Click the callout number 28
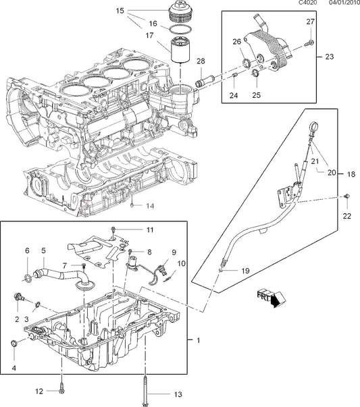[201, 61]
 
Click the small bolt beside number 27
[308, 43]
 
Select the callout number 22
[347, 216]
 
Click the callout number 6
[28, 250]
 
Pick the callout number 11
[150, 230]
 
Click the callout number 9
[174, 252]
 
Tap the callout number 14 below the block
[150, 205]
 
